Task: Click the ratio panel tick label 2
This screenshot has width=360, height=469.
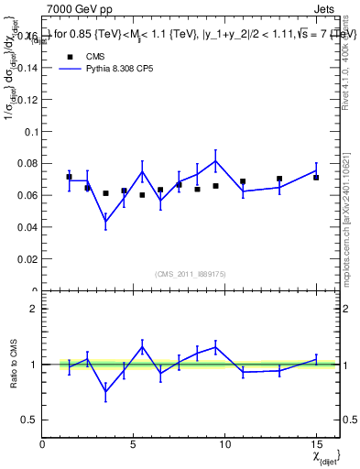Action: click(34, 309)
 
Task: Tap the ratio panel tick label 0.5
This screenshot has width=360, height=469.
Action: click(29, 420)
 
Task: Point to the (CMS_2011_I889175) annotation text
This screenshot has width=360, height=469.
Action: click(191, 273)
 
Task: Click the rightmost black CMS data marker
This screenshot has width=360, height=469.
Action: click(316, 177)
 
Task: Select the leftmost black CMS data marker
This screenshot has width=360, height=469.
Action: click(70, 177)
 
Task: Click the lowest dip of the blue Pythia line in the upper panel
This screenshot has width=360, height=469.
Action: click(106, 221)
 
